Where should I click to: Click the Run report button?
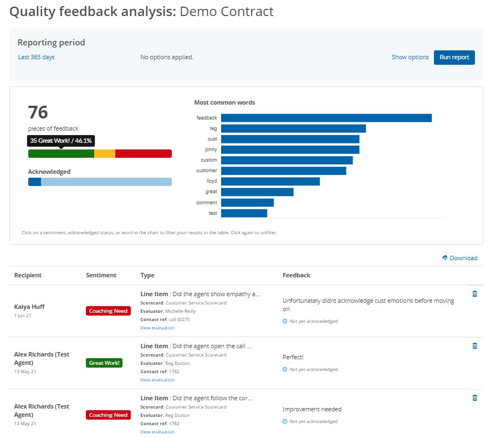[454, 57]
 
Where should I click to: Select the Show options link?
[410, 57]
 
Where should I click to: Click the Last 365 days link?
[36, 57]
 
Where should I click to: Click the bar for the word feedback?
[326, 118]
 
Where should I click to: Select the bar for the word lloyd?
[270, 182]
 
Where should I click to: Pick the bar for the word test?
[244, 213]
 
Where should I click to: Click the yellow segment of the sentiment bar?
[105, 153]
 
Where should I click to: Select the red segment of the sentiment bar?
[143, 153]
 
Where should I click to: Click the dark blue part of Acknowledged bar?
[34, 182]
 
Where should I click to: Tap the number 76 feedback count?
[38, 113]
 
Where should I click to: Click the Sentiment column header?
[101, 275]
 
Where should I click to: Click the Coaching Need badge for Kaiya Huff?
[108, 311]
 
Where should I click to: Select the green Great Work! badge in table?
[104, 363]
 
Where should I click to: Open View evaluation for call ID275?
[157, 328]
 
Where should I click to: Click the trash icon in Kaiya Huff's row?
[474, 294]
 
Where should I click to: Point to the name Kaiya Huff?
[29, 306]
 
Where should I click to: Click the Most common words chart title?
[224, 102]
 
